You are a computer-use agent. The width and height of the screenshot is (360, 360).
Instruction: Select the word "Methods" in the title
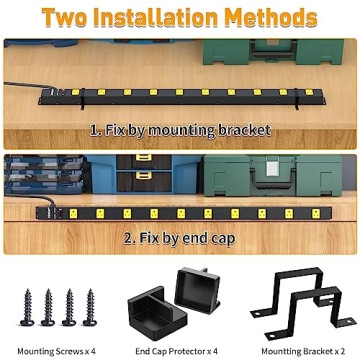click(281, 18)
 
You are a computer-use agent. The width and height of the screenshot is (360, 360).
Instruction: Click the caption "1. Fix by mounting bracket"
click(179, 129)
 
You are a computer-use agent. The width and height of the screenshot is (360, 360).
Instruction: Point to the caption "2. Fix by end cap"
click(180, 238)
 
